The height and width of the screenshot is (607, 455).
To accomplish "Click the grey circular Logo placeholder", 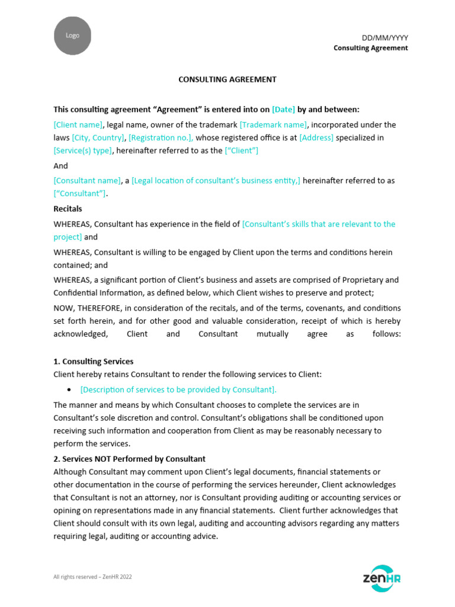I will click(72, 36).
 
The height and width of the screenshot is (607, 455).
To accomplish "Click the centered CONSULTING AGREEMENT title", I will click(227, 79).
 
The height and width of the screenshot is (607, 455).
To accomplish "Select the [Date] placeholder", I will click(283, 110).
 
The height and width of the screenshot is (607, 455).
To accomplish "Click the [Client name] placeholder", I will click(78, 124).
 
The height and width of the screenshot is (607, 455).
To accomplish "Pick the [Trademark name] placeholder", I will click(273, 124).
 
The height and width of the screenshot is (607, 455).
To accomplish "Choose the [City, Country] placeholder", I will click(98, 138).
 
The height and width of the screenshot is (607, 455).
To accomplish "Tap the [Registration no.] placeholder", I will click(161, 138).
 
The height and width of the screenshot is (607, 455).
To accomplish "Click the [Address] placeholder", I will click(316, 138).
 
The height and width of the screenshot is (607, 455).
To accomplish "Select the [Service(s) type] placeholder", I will click(82, 151).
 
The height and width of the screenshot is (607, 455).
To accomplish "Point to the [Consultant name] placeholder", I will click(87, 180).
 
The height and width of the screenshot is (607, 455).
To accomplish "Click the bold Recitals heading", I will click(68, 209).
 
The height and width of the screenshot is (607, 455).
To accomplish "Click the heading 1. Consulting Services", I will click(94, 361).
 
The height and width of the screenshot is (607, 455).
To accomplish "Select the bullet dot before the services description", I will click(69, 389).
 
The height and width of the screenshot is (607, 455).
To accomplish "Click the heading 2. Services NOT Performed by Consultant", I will click(129, 459).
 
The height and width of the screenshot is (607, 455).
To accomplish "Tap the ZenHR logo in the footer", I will click(381, 577).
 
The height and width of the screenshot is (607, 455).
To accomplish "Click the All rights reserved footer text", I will click(92, 576).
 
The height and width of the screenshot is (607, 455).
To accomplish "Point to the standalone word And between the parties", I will click(60, 166).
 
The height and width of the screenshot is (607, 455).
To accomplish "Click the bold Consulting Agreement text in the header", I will click(370, 48).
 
